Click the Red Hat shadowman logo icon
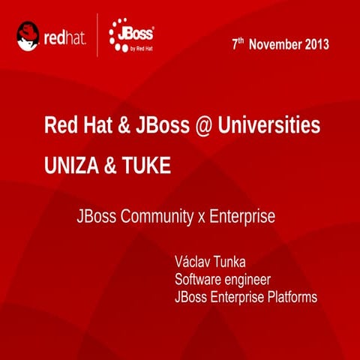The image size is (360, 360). (x=28, y=36)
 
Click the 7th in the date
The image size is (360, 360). (x=237, y=43)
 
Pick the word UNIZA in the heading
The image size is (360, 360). (x=70, y=165)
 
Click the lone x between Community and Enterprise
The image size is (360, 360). (x=201, y=218)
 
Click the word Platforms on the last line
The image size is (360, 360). (x=290, y=297)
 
